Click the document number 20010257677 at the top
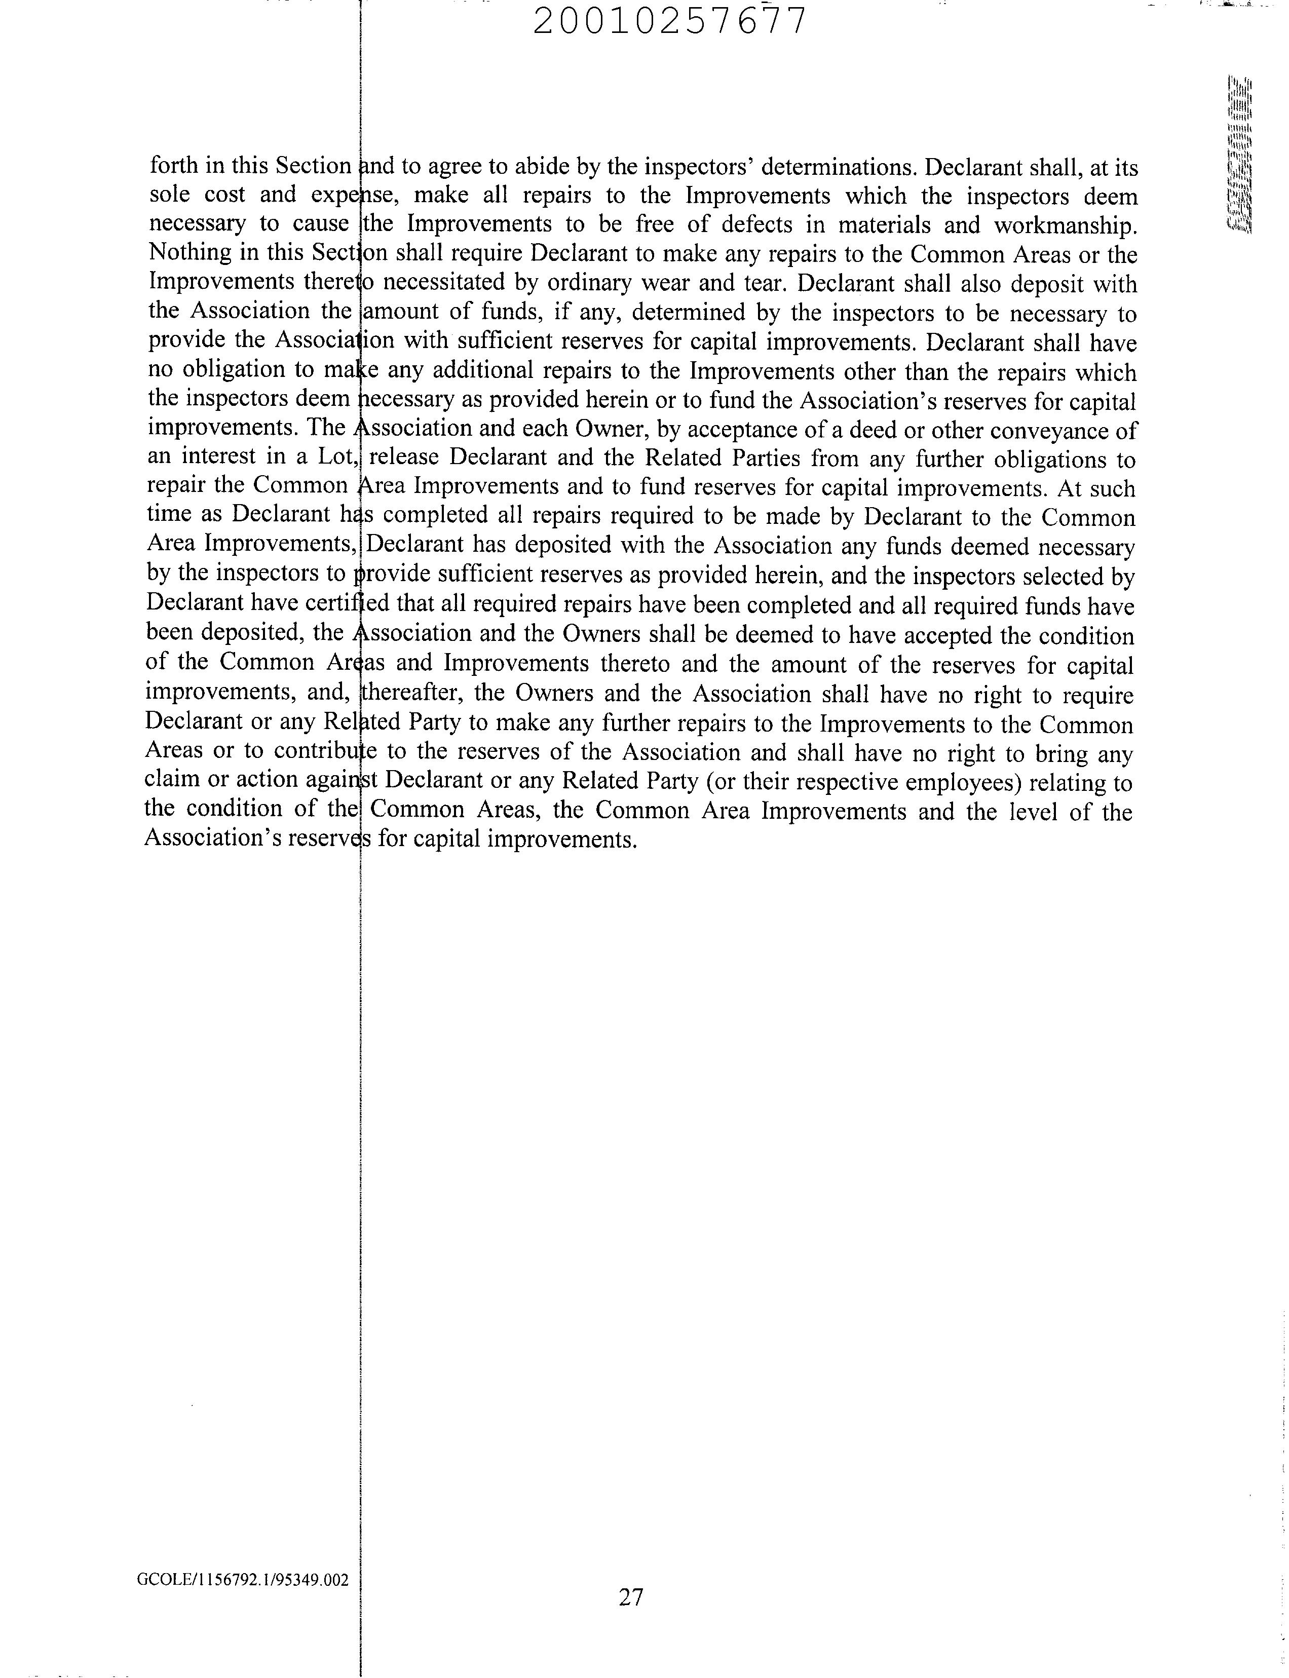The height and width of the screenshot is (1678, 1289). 670,21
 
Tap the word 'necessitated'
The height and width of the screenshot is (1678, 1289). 442,283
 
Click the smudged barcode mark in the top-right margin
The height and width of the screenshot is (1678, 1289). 1239,154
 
